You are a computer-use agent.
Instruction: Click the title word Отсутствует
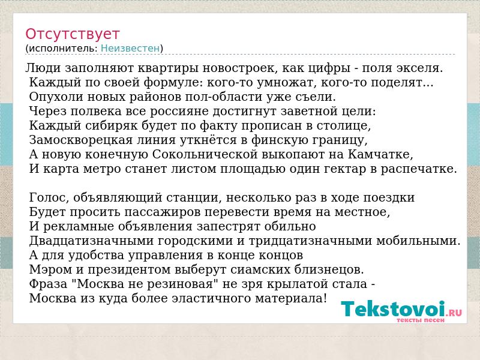pos(72,34)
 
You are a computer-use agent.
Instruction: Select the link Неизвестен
pos(130,48)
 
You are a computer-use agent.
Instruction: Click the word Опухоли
pos(56,97)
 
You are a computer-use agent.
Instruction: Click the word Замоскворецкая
pos(81,140)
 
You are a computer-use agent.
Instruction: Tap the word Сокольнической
pos(205,154)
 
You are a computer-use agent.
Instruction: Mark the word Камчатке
pos(380,154)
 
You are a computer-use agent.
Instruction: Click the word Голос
pos(49,197)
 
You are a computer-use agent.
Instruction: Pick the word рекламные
pos(79,226)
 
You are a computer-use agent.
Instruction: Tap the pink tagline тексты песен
pos(421,320)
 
